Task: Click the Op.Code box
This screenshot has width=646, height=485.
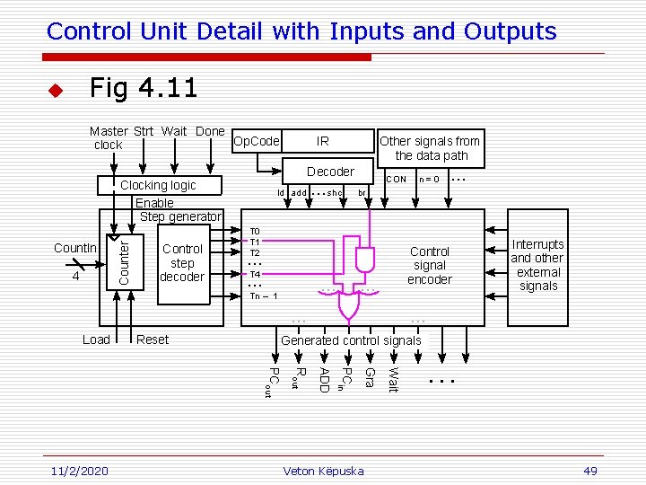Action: [257, 141]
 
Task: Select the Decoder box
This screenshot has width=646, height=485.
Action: [330, 172]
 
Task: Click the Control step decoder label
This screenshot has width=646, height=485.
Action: [182, 262]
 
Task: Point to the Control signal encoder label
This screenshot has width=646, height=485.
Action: [429, 265]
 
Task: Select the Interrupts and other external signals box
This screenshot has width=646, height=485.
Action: [537, 265]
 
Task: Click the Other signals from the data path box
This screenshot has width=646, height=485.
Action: [430, 148]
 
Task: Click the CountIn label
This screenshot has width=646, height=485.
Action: [75, 248]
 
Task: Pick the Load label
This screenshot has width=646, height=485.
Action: [96, 339]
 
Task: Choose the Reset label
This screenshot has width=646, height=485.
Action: [153, 339]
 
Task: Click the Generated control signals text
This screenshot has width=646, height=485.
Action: [351, 340]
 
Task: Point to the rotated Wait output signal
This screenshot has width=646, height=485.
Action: [392, 375]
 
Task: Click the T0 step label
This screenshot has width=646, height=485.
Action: [255, 231]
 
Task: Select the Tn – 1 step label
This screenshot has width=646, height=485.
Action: [264, 295]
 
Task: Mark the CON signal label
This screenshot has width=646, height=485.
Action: [396, 179]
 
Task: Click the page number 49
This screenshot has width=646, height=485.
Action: [589, 472]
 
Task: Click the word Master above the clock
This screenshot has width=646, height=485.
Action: [109, 131]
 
